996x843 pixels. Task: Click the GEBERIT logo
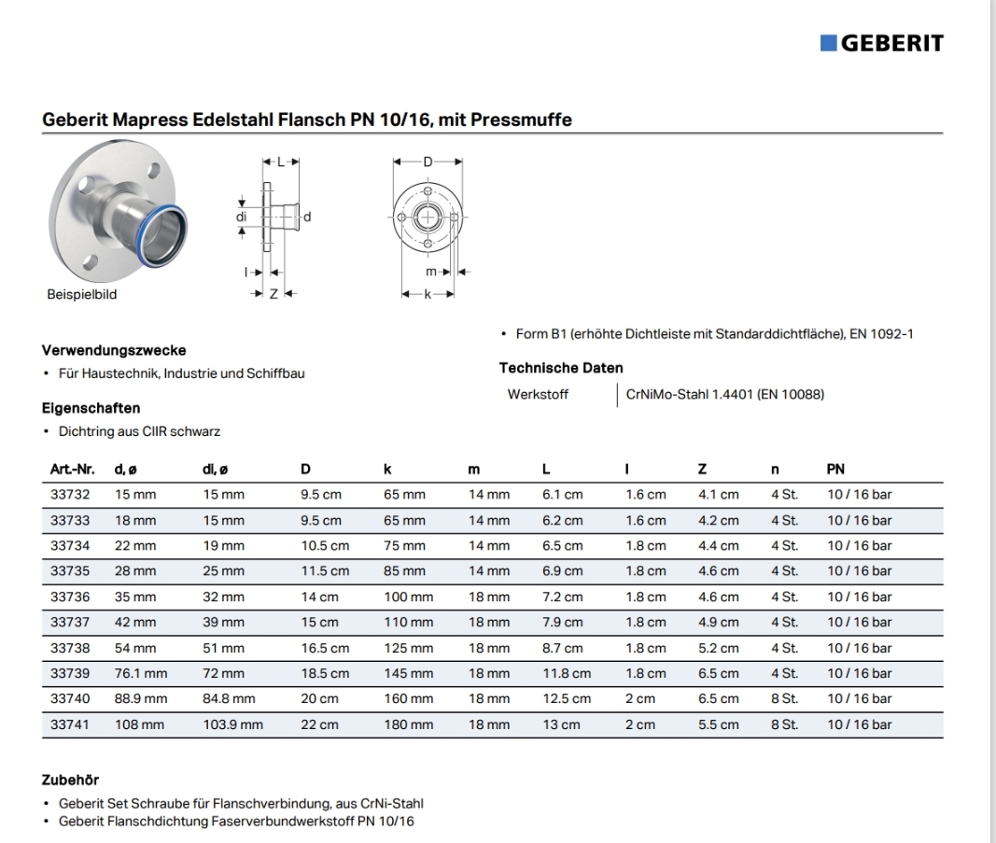(882, 43)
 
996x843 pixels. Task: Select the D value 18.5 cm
(324, 673)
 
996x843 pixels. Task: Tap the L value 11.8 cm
(567, 673)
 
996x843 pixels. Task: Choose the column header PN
(835, 469)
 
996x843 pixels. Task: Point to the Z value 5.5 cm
(718, 724)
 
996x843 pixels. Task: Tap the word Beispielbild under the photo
(82, 294)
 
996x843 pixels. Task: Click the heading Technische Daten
(561, 368)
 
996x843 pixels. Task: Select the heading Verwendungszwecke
(114, 351)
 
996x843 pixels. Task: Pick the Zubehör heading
(70, 780)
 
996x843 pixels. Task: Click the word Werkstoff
(538, 394)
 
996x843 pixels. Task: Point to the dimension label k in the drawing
(428, 294)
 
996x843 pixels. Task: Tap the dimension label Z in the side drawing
(274, 294)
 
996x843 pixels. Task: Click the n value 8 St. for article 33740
(784, 698)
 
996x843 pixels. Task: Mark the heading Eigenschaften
(91, 408)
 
